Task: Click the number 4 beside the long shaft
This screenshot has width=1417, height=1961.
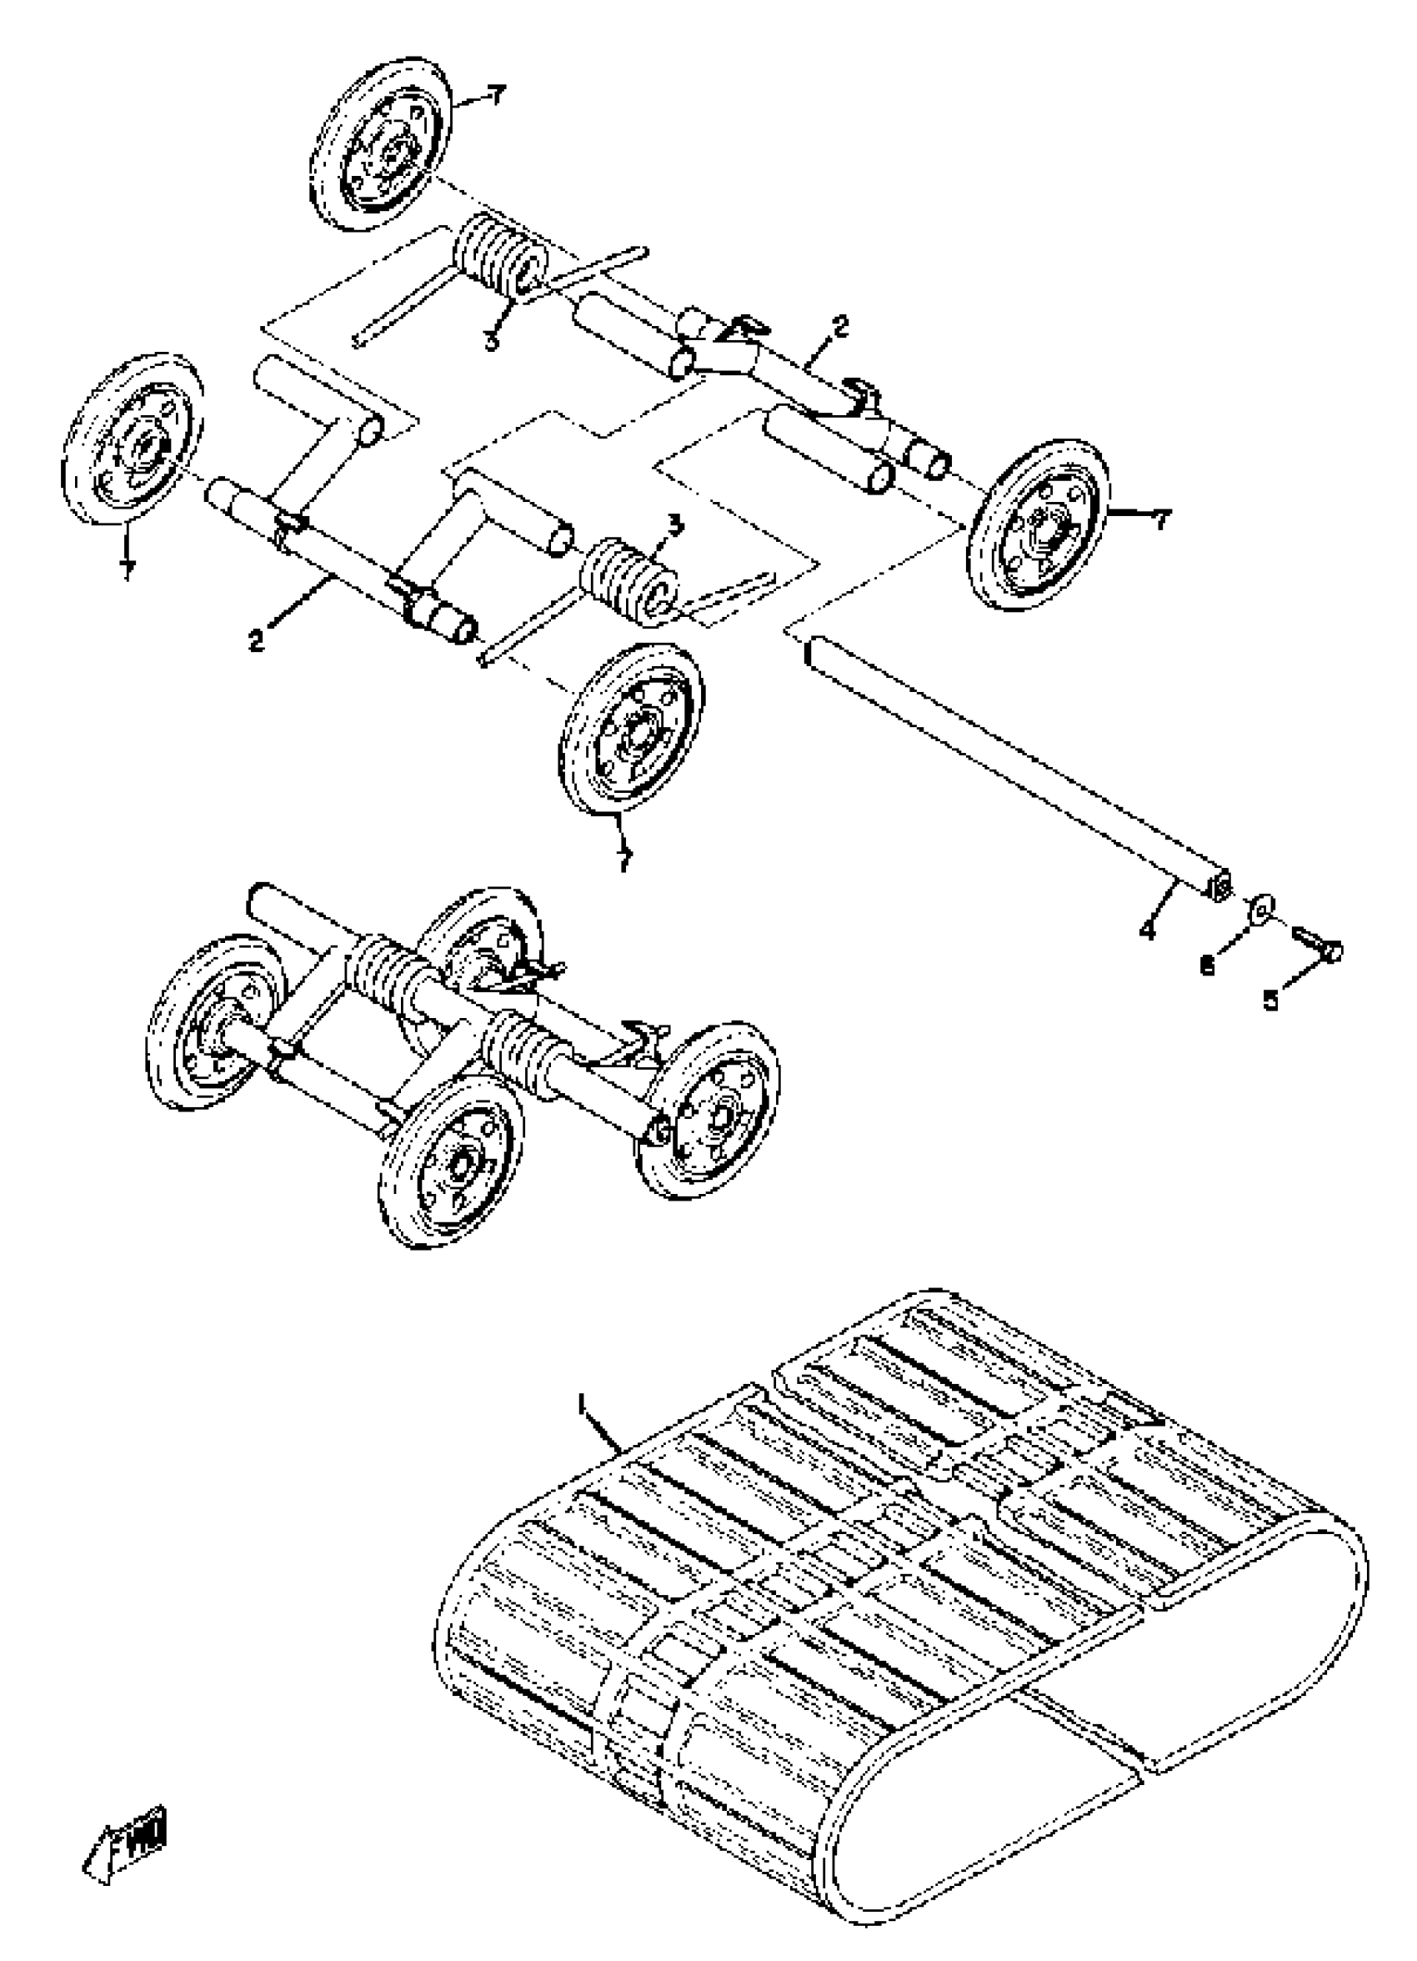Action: pyautogui.click(x=1147, y=930)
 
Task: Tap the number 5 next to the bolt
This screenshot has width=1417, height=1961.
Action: pyautogui.click(x=1270, y=1000)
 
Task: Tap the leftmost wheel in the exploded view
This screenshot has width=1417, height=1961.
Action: pyautogui.click(x=133, y=439)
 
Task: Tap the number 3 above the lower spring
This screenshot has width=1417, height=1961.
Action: pyautogui.click(x=676, y=524)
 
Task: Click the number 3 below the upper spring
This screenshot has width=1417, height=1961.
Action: pyautogui.click(x=491, y=340)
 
